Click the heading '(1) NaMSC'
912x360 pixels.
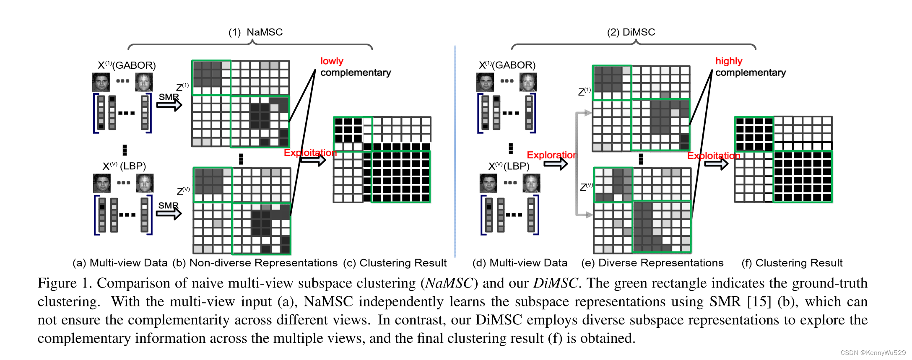pos(255,32)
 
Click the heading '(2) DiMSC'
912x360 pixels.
pos(631,32)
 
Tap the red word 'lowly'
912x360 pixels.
pos(332,61)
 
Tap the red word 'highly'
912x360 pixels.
pos(728,61)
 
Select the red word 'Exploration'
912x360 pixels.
pos(551,155)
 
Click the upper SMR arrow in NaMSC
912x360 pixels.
pos(169,104)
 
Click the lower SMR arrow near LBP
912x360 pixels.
pos(169,213)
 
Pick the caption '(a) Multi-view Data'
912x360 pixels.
pos(120,263)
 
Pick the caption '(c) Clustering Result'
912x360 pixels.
pos(395,263)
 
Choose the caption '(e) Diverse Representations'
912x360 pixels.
pos(652,263)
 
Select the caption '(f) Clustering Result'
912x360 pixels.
pos(792,263)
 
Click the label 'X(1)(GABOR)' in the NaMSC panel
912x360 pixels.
pos(127,65)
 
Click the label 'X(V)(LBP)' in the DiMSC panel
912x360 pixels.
pos(509,166)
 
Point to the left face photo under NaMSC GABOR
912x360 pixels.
pos(101,82)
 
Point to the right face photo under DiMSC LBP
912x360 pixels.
pos(531,183)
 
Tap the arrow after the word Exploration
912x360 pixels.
pos(556,164)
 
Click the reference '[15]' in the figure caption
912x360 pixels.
pos(759,302)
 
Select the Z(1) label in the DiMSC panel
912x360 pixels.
pos(584,92)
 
